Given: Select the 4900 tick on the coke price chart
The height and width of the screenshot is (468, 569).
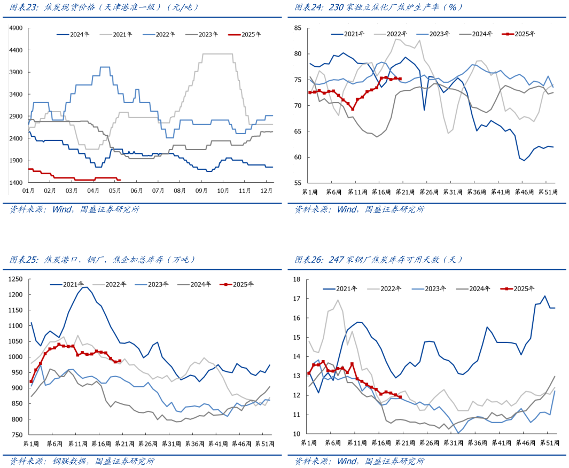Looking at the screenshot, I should pos(16,28).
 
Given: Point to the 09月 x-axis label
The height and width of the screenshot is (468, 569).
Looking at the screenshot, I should pos(201,190).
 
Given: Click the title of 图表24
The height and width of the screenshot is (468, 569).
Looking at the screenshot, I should pos(379,7).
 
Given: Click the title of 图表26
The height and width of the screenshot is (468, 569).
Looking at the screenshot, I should pos(379,260).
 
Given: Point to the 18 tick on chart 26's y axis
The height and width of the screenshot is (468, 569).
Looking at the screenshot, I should pos(298,279).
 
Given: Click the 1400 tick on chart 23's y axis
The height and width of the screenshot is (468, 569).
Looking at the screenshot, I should pos(16,183).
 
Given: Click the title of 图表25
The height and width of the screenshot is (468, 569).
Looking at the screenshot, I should pos(102,260).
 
